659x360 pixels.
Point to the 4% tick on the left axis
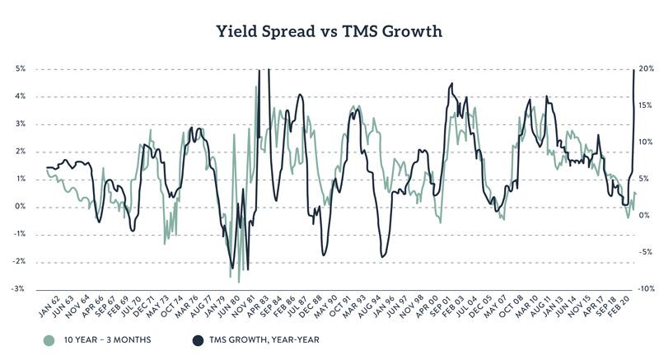[x=21, y=96]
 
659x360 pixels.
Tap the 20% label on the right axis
[x=647, y=68]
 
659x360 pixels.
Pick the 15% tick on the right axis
[x=647, y=105]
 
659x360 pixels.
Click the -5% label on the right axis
[x=647, y=252]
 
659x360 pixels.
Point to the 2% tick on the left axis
[x=21, y=152]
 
